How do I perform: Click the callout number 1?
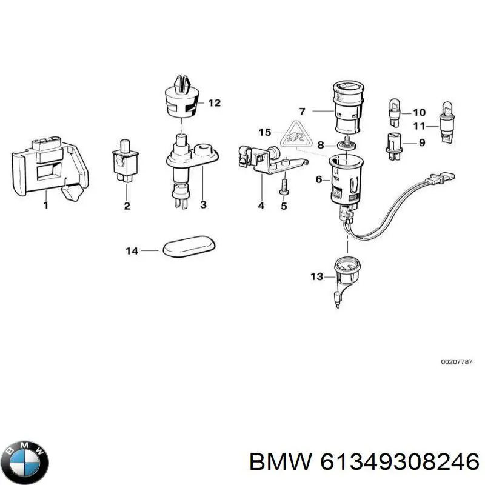click(45, 206)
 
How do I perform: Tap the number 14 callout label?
click(132, 250)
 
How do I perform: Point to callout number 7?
click(303, 111)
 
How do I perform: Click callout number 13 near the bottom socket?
click(316, 277)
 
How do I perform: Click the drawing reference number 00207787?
click(457, 361)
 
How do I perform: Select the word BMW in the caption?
click(281, 463)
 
